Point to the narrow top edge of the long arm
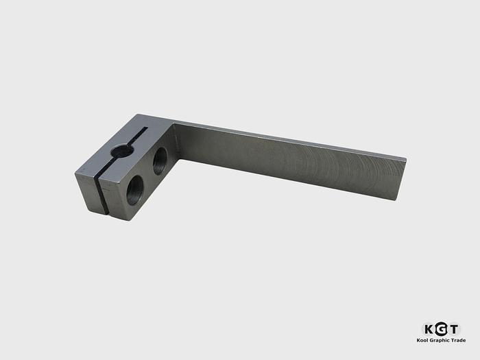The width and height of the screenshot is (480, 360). pyautogui.click(x=288, y=141)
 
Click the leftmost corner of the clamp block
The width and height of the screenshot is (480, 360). pyautogui.click(x=75, y=173)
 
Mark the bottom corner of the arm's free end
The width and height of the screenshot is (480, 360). pyautogui.click(x=396, y=200)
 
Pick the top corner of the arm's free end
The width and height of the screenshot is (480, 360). pyautogui.click(x=406, y=160)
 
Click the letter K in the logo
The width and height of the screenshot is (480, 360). pyautogui.click(x=427, y=328)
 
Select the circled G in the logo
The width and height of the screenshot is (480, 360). pyautogui.click(x=440, y=328)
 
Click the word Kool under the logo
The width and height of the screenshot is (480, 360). pyautogui.click(x=422, y=340)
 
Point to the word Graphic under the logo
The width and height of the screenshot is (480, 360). pyautogui.click(x=440, y=340)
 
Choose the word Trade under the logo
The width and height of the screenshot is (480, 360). pyautogui.click(x=458, y=340)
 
